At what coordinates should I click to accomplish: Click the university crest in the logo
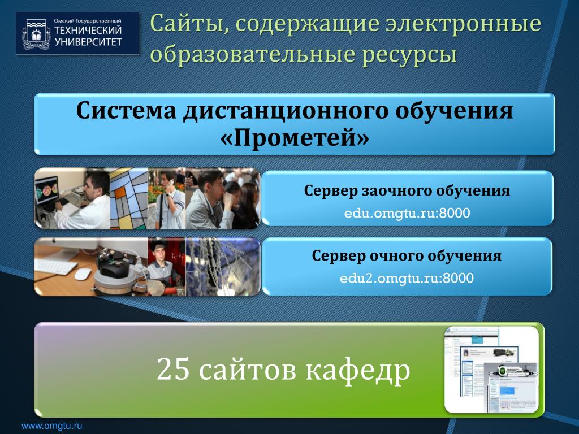[x=36, y=34]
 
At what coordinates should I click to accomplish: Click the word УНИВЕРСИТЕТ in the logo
[x=88, y=42]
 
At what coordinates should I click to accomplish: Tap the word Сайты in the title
[x=189, y=24]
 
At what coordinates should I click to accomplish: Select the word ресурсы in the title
[x=409, y=55]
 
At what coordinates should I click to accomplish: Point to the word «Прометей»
[x=294, y=138]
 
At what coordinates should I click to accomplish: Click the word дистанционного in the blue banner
[x=285, y=111]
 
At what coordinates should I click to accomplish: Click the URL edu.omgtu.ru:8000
[x=407, y=213]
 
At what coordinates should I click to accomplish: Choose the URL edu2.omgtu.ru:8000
[x=407, y=278]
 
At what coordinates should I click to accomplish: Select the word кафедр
[x=357, y=370]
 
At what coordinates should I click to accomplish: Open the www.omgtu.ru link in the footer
[x=51, y=426]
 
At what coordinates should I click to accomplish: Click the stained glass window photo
[x=129, y=198]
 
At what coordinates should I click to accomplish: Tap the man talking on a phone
[x=168, y=199]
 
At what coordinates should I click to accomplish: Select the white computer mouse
[x=83, y=274]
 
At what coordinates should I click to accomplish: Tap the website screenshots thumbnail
[x=491, y=370]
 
